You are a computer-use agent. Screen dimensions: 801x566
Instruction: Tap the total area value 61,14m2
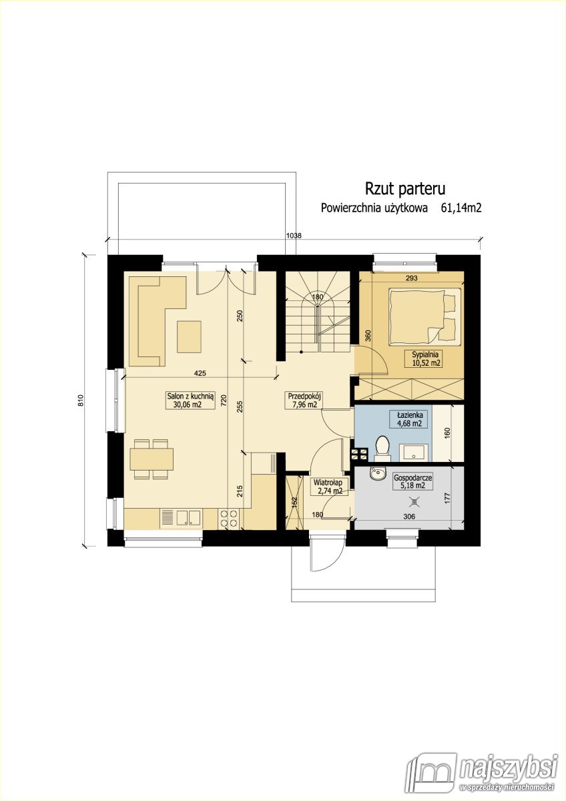point(461,208)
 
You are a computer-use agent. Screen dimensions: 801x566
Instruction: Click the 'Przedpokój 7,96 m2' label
point(305,399)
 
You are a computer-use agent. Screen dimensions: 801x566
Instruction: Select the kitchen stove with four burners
point(229,519)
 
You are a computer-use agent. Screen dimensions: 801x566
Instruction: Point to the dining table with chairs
point(152,459)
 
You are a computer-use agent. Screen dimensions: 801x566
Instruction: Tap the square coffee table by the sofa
point(189,336)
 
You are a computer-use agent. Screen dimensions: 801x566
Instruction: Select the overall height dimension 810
point(81,400)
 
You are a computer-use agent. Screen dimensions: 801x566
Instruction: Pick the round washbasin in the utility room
point(377,474)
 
